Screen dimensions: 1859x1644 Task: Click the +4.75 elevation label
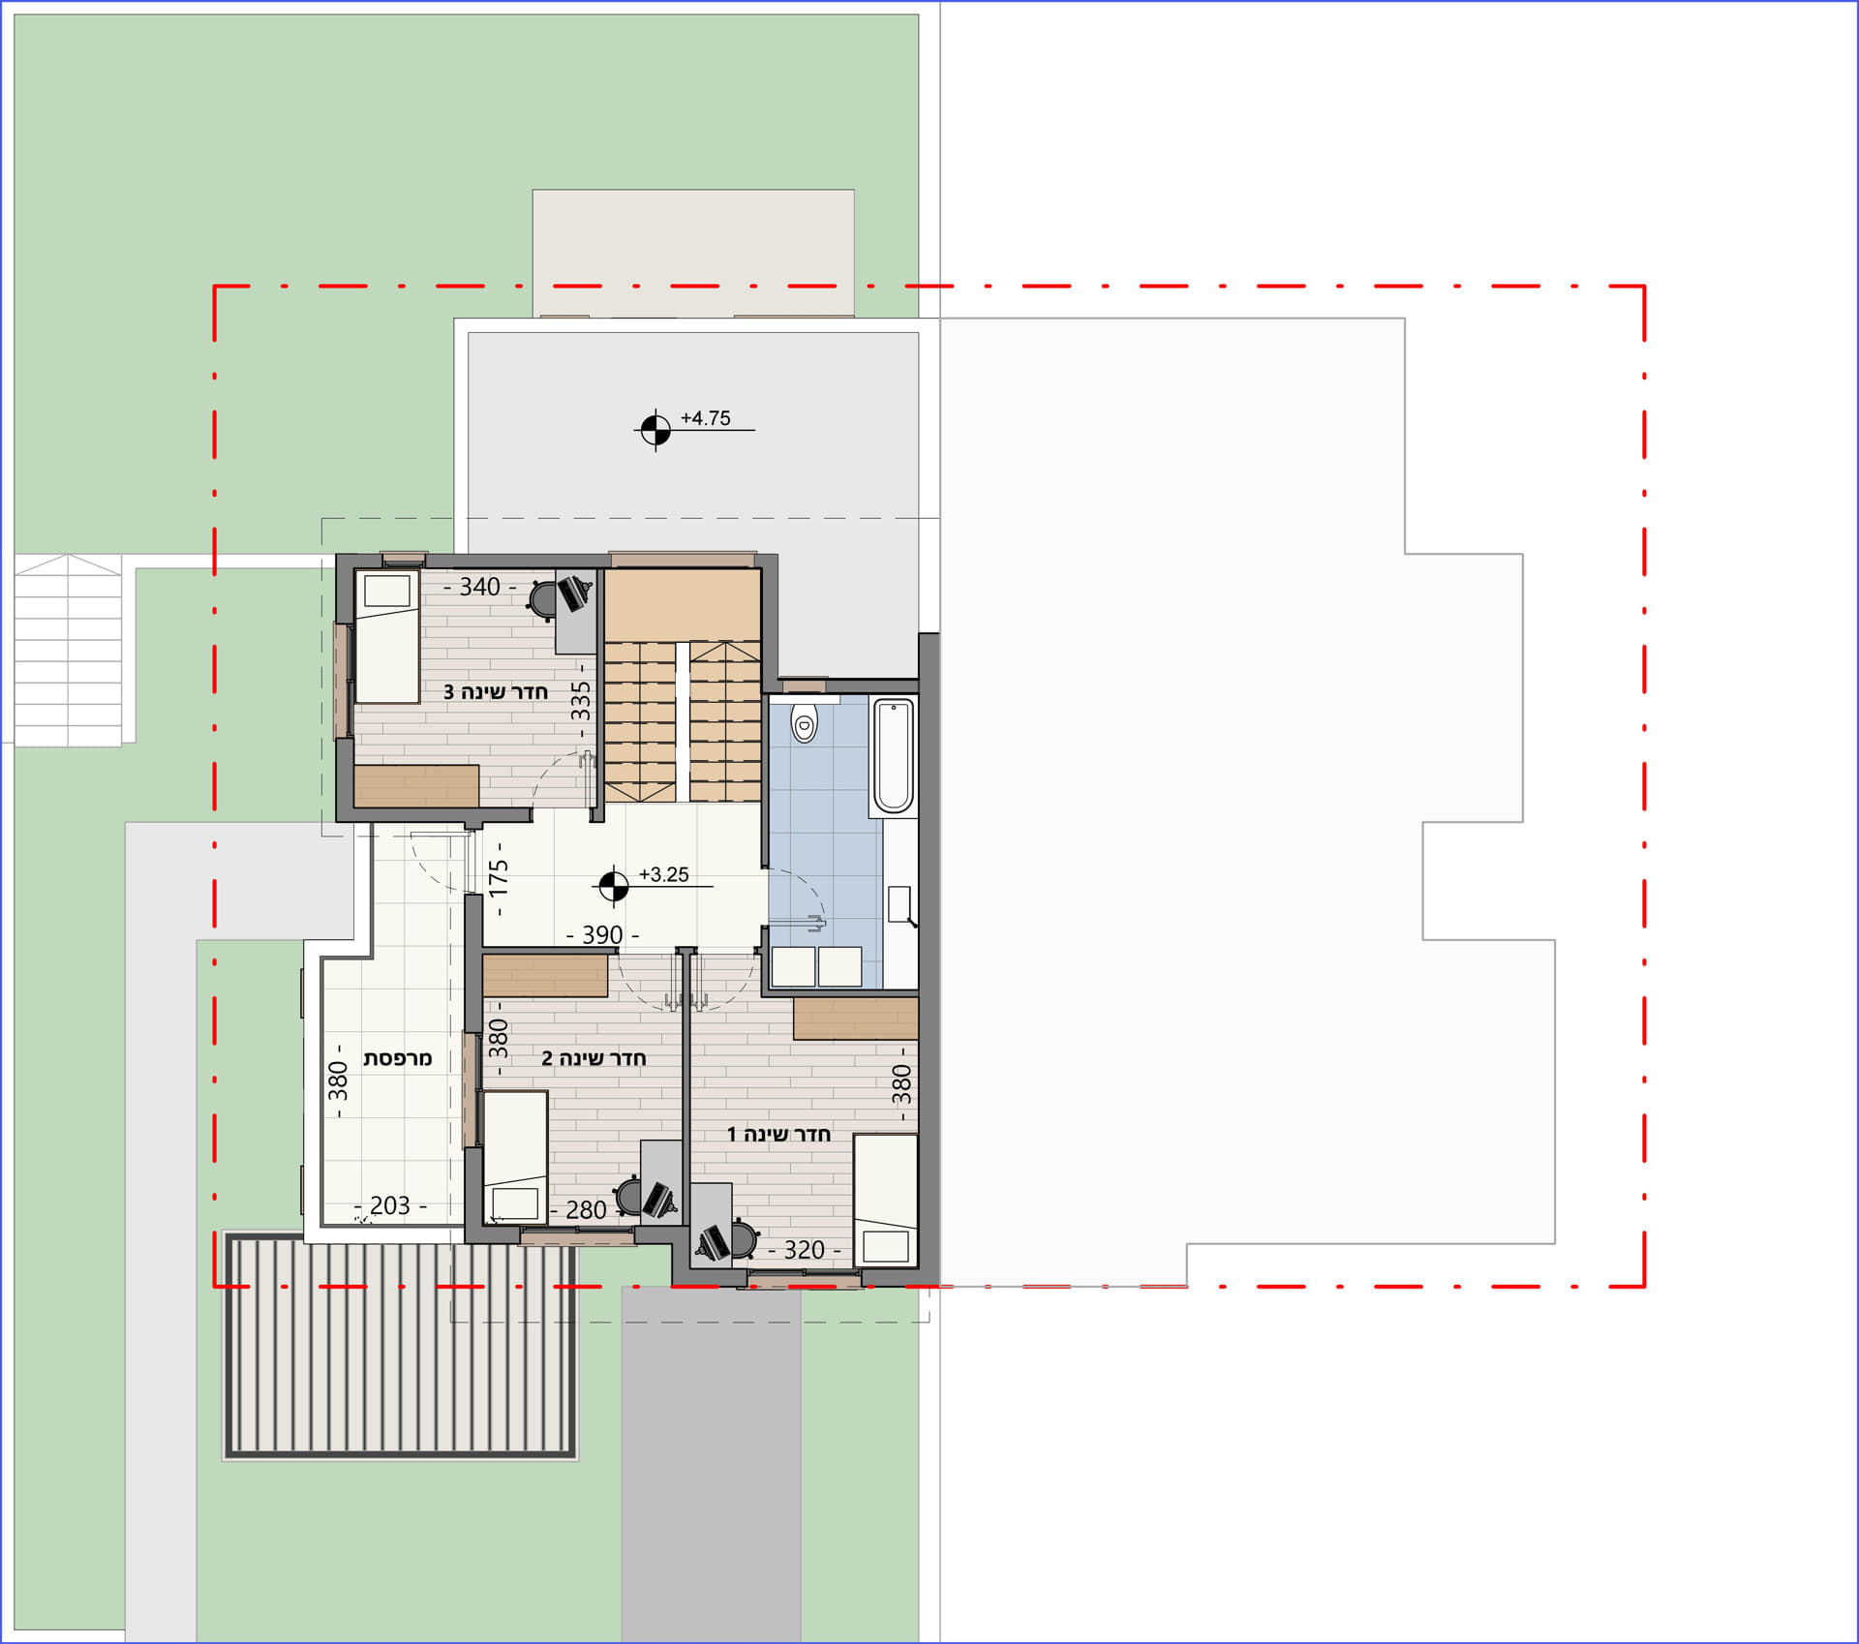pos(705,418)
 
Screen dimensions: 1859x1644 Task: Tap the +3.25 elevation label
pos(664,874)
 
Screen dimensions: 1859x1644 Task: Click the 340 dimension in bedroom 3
pos(480,587)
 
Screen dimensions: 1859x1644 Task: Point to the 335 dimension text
pos(581,701)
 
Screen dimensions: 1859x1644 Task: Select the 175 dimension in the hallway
pos(499,879)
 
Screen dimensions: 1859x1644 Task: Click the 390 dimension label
pos(602,935)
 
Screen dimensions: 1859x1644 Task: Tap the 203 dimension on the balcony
pos(390,1205)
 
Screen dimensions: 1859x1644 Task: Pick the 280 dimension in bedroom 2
pos(586,1210)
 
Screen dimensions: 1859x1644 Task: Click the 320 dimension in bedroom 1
pos(805,1250)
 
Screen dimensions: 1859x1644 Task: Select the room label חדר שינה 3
pos(496,692)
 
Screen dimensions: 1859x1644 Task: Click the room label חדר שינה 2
pos(594,1058)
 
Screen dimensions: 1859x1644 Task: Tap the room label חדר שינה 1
pos(778,1134)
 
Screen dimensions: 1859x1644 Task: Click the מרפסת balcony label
pos(398,1058)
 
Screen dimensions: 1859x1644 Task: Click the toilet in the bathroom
pos(804,720)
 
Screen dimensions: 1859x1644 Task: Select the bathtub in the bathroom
pos(894,756)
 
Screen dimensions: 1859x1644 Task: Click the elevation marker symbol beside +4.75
pos(655,429)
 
